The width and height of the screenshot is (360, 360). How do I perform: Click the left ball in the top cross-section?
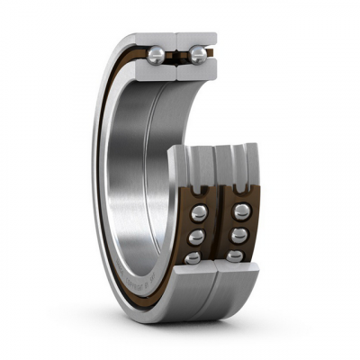tap(157, 57)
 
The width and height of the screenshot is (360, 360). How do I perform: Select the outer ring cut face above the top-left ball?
tap(157, 40)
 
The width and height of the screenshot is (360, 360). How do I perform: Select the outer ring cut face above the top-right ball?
tap(199, 40)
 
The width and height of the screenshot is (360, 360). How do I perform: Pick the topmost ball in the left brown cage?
tap(196, 214)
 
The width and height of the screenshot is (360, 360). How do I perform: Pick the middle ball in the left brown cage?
tap(193, 237)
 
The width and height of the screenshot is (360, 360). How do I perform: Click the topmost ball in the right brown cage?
tap(240, 212)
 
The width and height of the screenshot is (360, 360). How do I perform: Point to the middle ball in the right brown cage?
tap(239, 236)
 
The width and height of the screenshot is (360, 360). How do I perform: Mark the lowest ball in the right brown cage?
tap(236, 256)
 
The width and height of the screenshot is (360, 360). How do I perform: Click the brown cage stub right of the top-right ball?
tap(212, 57)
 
